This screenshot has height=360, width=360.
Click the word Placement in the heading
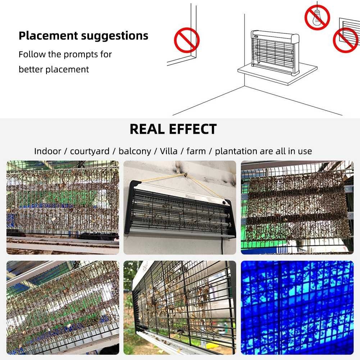click(x=48, y=36)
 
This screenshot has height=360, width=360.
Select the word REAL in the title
click(x=147, y=129)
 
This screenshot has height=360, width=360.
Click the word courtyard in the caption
click(x=90, y=151)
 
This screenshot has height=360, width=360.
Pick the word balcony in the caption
click(x=135, y=151)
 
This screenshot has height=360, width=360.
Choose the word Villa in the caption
click(x=169, y=151)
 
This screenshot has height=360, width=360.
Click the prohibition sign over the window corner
click(x=187, y=40)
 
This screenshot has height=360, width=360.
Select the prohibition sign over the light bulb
click(x=317, y=18)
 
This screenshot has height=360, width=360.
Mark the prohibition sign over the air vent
click(x=346, y=40)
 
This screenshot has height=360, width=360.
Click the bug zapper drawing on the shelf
click(x=275, y=53)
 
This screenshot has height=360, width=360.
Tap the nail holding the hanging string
click(x=185, y=176)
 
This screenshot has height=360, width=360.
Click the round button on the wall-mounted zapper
click(x=224, y=202)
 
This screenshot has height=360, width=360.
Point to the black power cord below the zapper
click(x=222, y=246)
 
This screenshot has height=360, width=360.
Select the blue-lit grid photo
click(x=297, y=307)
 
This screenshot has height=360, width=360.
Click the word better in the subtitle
click(x=31, y=69)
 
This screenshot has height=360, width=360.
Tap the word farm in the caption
click(x=196, y=151)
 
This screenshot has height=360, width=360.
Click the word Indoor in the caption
click(x=48, y=151)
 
